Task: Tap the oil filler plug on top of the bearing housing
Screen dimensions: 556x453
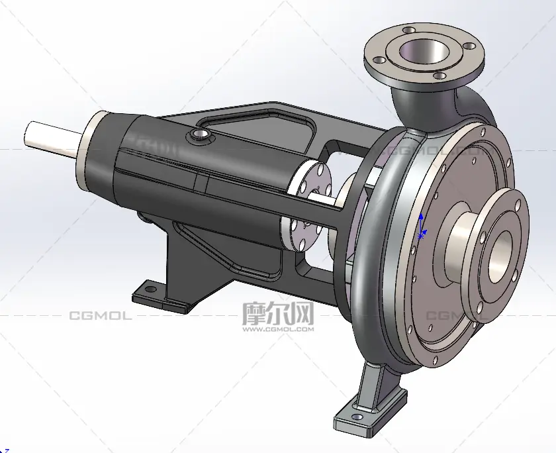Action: coord(199,134)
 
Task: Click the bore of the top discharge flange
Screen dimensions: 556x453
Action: coord(424,52)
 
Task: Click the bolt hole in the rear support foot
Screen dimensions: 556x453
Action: coord(151,289)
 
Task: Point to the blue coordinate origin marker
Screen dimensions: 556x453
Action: coord(422,226)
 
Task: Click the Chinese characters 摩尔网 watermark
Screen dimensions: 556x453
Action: coord(278,313)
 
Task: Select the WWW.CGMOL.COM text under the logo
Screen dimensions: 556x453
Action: coord(278,329)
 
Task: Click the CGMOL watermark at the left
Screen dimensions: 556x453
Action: coord(101,315)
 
